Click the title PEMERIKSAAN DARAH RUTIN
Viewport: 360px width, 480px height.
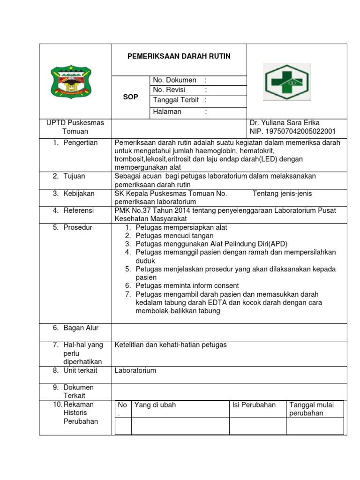coord(179,56)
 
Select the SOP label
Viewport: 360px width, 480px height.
coord(130,97)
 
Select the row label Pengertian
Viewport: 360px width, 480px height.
coord(80,142)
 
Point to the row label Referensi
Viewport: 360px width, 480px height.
coord(78,210)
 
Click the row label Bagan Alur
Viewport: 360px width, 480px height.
coord(81,328)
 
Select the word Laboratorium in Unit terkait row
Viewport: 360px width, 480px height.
coord(135,370)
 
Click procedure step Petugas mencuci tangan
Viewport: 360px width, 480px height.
coord(174,235)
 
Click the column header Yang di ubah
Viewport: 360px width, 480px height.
coord(155,405)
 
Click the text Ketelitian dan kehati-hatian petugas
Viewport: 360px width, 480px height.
coord(171,345)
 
